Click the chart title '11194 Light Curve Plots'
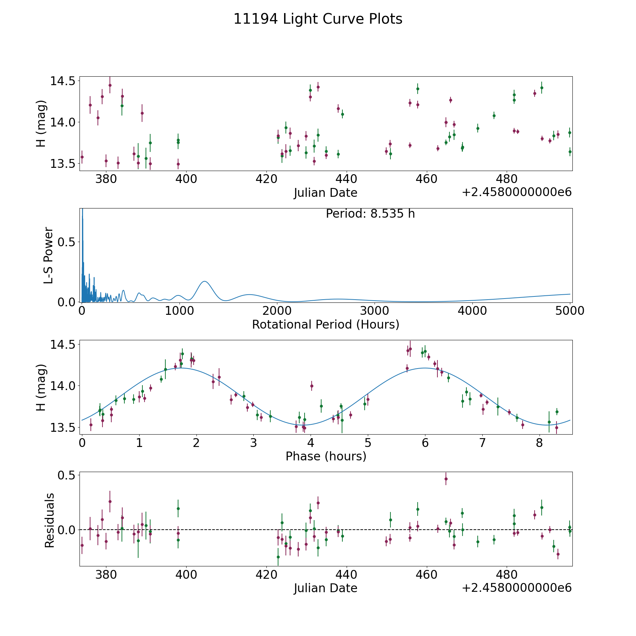[x=318, y=19]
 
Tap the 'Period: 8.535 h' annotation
[x=370, y=214]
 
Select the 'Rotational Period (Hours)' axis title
[x=325, y=324]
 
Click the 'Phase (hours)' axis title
[x=325, y=456]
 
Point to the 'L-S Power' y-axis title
[x=49, y=255]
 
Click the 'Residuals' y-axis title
[x=49, y=520]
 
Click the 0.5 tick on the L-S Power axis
[x=67, y=242]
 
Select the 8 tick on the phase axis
[x=539, y=443]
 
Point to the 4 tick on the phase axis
[x=311, y=443]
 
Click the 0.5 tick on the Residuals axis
[x=67, y=475]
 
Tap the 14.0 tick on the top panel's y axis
[x=63, y=122]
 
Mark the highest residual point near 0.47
[x=446, y=479]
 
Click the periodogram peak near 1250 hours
[x=204, y=281]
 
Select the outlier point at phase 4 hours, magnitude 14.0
[x=312, y=386]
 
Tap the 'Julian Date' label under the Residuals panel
[x=325, y=588]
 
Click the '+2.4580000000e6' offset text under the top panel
[x=517, y=193]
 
